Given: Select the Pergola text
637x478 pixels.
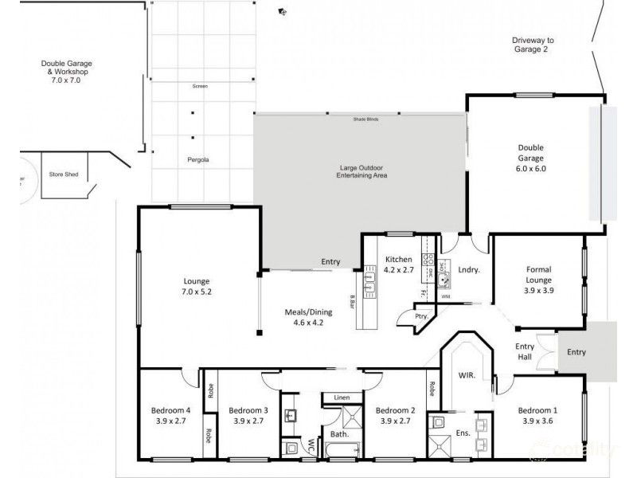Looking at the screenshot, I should coord(198,159).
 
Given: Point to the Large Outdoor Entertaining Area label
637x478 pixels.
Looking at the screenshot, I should coord(358,172).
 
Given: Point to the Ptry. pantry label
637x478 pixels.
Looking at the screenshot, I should coord(421,316).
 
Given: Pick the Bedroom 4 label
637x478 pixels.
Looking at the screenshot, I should coord(172,416).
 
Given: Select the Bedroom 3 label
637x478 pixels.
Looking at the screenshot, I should coord(248,416).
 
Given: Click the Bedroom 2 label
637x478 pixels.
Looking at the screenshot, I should coord(396,416).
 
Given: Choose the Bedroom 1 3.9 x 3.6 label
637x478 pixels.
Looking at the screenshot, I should coord(540,416).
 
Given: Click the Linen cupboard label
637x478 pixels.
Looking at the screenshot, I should coord(342,397).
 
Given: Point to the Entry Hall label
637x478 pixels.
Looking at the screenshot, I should coord(526,351).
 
